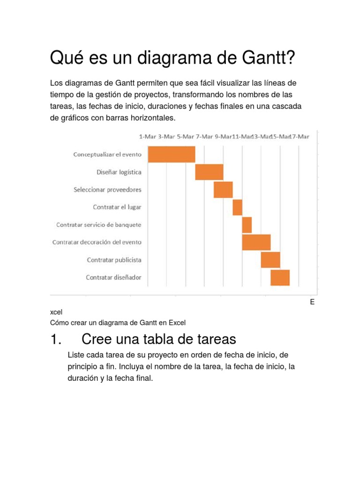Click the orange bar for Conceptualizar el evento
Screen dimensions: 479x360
coord(172,154)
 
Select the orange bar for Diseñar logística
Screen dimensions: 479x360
coord(209,172)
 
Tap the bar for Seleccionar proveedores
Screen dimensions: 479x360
coord(223,189)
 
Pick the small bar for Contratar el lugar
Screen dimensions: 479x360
coord(237,207)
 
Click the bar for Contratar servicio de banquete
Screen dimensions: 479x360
coord(247,225)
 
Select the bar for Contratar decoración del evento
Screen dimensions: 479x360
coord(256,242)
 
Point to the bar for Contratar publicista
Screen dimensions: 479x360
coord(270,260)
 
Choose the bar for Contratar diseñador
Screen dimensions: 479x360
coord(280,277)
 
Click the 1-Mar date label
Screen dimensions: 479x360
coord(148,137)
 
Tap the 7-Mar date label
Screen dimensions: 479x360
coord(204,137)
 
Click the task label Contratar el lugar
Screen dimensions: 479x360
coord(117,207)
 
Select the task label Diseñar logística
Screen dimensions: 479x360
coord(119,172)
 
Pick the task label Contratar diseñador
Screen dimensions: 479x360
coord(113,277)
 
